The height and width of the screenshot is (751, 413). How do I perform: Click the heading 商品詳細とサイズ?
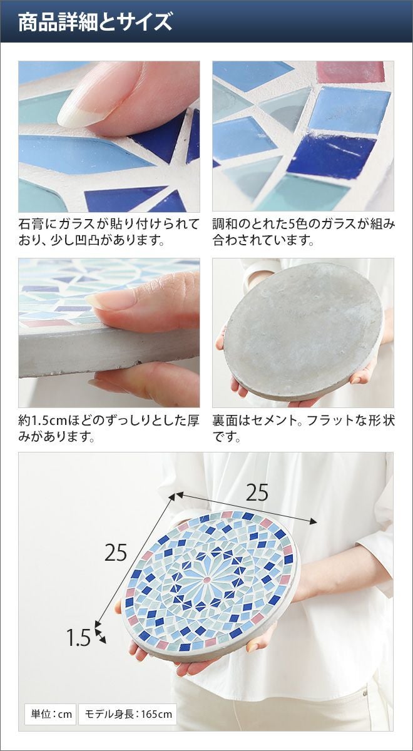[x=95, y=23]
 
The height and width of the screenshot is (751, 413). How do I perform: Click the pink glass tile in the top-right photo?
[x=350, y=72]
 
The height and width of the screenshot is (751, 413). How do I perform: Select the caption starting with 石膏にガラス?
[x=109, y=232]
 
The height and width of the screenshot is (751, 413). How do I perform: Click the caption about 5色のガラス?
[x=303, y=232]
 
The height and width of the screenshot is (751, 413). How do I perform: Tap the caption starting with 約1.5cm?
[x=109, y=429]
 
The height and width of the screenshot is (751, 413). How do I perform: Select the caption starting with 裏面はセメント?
[x=303, y=429]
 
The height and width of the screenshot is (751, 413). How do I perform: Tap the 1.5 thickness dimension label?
[x=78, y=637]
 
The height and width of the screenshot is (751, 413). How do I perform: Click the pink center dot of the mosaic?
[x=207, y=580]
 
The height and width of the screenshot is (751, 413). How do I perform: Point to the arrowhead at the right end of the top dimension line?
[x=313, y=521]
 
